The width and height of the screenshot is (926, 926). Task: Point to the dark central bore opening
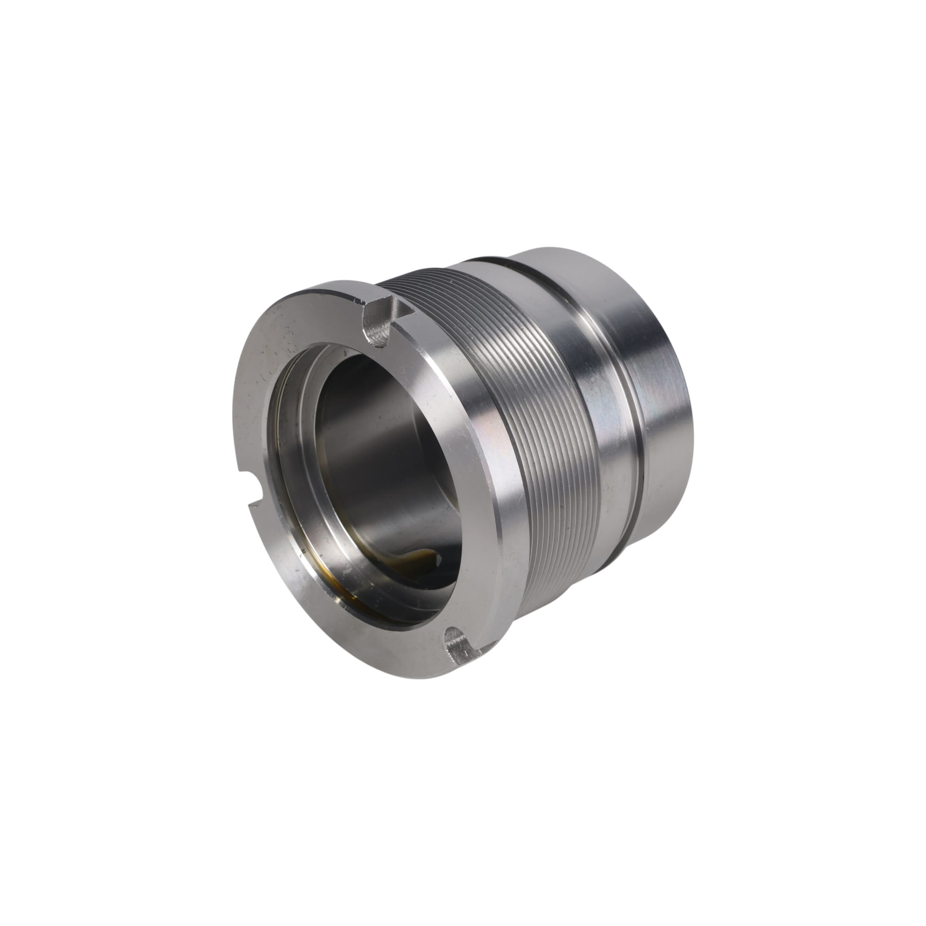(383, 446)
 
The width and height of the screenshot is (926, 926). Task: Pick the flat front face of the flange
(269, 407)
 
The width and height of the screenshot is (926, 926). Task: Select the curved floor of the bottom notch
(458, 640)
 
